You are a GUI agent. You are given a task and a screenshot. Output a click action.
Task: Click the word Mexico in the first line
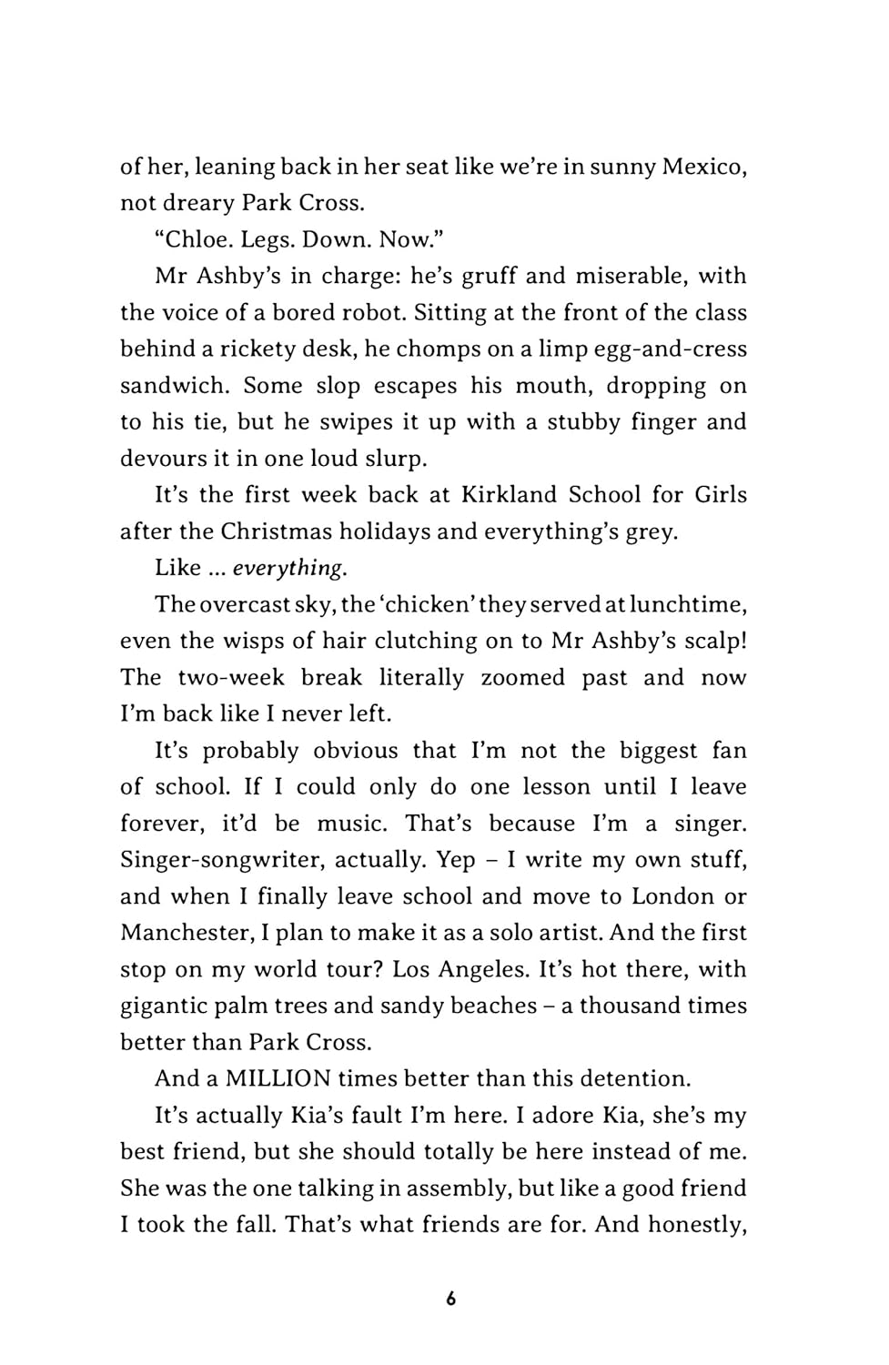click(x=703, y=167)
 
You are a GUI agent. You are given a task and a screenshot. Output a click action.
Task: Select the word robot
click(x=370, y=313)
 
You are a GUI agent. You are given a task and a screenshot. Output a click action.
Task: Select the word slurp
click(x=394, y=459)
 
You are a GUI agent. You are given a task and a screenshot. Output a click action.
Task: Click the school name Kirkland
click(x=509, y=495)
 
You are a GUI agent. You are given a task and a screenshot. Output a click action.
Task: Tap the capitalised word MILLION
click(x=278, y=1079)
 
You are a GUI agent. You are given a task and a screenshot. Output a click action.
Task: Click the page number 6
click(x=451, y=1299)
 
